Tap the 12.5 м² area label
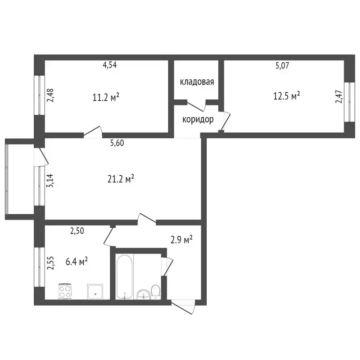[x=286, y=96]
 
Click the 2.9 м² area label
[x=182, y=240]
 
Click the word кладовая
[x=197, y=82]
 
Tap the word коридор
[x=198, y=119]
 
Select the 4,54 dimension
[x=110, y=65]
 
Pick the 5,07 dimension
[x=282, y=66]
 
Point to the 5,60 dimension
[x=117, y=144]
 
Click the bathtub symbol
[x=124, y=277]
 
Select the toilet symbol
[x=156, y=291]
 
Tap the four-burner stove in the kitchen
[x=66, y=292]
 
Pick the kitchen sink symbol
[x=95, y=292]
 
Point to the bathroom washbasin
[x=142, y=293]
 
